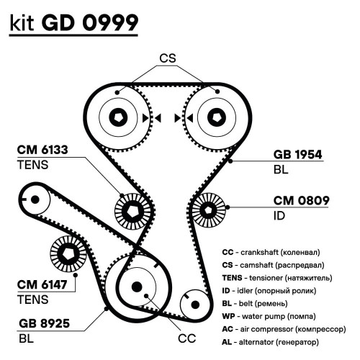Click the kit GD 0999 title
pyautogui.click(x=74, y=22)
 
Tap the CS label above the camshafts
pyautogui.click(x=168, y=58)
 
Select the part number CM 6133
pyautogui.click(x=42, y=150)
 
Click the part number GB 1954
pyautogui.click(x=297, y=155)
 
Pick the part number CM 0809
pyautogui.click(x=301, y=201)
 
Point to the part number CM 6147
pyautogui.click(x=42, y=284)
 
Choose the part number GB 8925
pyautogui.click(x=44, y=323)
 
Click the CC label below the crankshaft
pyautogui.click(x=187, y=338)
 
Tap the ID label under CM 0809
pyautogui.click(x=279, y=216)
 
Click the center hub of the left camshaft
pyautogui.click(x=119, y=117)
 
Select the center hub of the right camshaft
pyautogui.click(x=217, y=117)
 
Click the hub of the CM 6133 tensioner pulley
pyautogui.click(x=132, y=211)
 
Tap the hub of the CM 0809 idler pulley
pyautogui.click(x=208, y=210)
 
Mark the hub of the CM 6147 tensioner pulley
pyautogui.click(x=68, y=254)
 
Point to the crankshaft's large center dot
pyautogui.click(x=137, y=287)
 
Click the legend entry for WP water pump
pyautogui.click(x=269, y=316)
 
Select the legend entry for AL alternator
pyautogui.click(x=271, y=342)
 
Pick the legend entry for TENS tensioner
pyautogui.click(x=277, y=278)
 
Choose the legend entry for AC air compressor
pyautogui.click(x=284, y=329)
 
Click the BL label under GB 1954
pyautogui.click(x=281, y=170)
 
